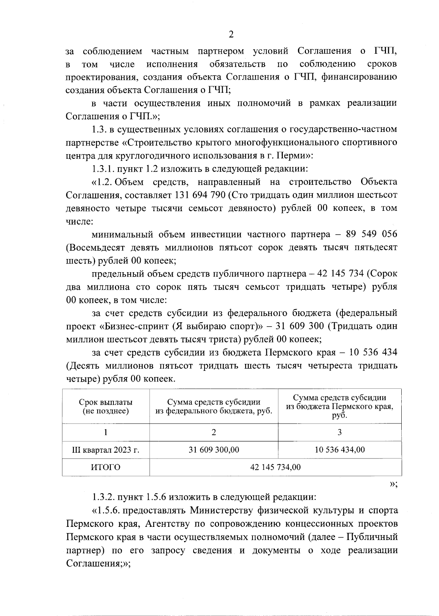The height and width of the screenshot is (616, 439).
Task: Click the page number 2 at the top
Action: (231, 34)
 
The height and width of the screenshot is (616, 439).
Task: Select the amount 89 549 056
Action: (372, 235)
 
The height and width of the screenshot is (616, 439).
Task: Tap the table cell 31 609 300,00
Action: (214, 450)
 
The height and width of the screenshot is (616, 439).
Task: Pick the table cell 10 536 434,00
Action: (339, 450)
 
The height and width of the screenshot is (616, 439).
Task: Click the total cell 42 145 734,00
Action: (275, 467)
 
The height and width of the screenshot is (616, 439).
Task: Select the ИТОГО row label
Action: (105, 467)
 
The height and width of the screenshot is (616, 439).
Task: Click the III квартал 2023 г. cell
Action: (105, 450)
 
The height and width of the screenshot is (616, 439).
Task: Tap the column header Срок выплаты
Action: (105, 403)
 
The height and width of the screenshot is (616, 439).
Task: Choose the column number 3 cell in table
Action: (339, 432)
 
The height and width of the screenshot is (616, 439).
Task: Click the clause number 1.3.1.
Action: (104, 169)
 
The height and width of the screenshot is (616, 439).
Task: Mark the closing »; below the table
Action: (393, 484)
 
